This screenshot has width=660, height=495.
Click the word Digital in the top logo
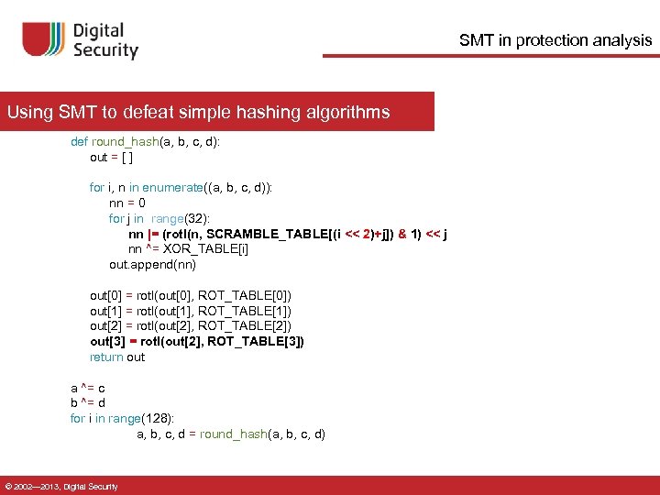click(x=106, y=30)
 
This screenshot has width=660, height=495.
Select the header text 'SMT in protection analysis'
click(x=555, y=40)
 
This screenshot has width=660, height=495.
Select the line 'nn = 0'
click(x=127, y=203)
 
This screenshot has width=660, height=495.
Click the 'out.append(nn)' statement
click(x=152, y=265)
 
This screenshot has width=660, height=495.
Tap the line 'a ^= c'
click(x=88, y=388)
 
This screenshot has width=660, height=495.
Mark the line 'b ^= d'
click(x=88, y=402)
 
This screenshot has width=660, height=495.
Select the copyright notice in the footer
click(x=61, y=486)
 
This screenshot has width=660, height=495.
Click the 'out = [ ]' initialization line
click(x=115, y=157)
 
